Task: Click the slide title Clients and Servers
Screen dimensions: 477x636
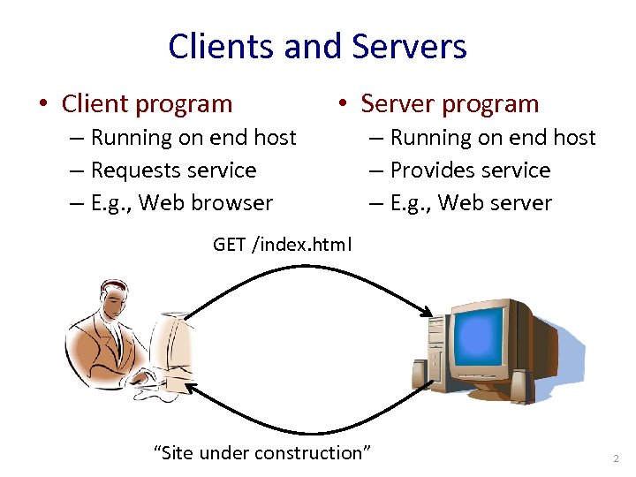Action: point(317,46)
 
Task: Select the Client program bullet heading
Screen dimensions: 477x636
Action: point(147,103)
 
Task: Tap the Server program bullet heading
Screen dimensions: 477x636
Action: point(450,103)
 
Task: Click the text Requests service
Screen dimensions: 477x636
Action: point(173,170)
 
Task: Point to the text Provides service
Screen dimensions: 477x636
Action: point(470,170)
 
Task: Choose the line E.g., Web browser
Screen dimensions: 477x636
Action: point(182,202)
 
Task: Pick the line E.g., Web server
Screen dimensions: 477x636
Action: point(471,202)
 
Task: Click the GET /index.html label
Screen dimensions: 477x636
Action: point(282,244)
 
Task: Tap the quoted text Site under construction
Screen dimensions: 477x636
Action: point(262,452)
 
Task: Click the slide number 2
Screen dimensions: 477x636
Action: point(617,458)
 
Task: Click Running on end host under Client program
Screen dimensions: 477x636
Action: point(193,137)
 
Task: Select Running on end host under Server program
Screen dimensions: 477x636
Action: point(493,137)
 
